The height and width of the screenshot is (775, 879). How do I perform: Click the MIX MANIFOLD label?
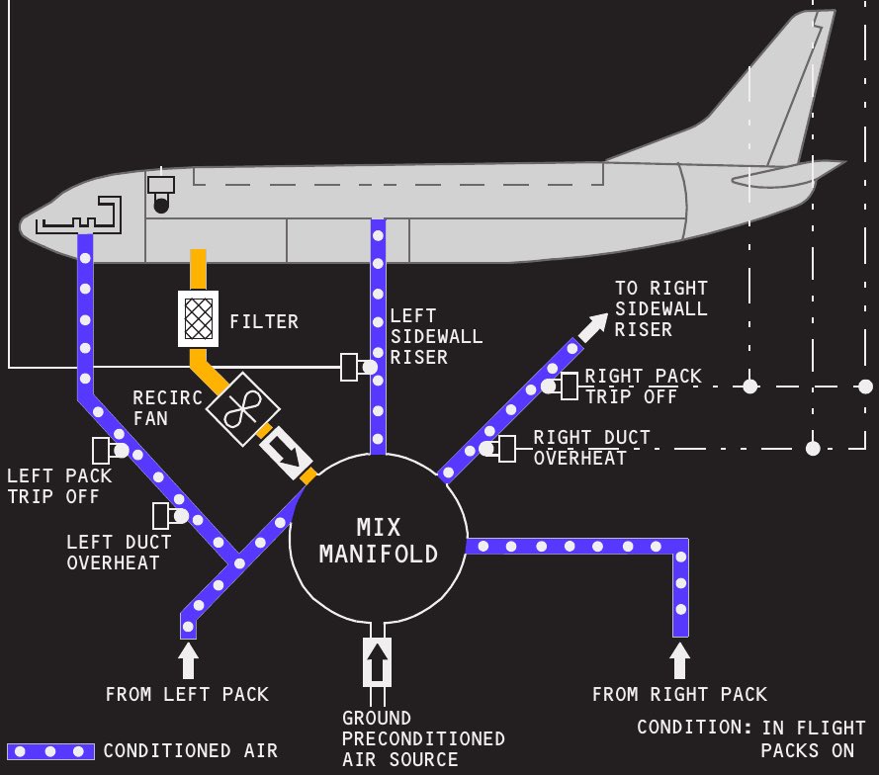(379, 541)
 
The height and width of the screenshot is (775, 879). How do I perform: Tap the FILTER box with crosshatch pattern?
(198, 318)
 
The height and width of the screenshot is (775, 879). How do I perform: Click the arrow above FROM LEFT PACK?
(189, 660)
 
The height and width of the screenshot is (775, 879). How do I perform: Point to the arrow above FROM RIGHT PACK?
(679, 660)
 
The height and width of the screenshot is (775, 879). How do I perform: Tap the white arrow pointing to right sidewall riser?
(594, 327)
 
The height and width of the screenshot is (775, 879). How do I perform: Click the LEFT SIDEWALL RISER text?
(436, 337)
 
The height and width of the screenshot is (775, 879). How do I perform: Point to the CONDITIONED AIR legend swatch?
(50, 751)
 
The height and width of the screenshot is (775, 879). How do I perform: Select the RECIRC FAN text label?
(167, 408)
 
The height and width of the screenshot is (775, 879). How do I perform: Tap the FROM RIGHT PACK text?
(679, 695)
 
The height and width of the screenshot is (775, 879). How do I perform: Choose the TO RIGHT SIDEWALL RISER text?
(660, 308)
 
